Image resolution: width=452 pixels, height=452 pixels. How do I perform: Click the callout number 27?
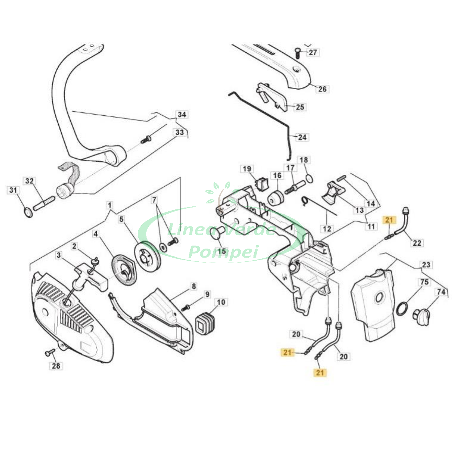313,52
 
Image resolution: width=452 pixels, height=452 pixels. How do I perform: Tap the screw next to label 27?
297,52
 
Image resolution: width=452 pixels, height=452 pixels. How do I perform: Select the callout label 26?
322,89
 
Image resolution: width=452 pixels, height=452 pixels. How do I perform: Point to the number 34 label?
182,115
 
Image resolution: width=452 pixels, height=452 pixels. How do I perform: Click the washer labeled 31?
27,212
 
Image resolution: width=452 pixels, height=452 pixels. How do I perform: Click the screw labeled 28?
49,353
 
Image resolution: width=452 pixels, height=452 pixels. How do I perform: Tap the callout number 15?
221,251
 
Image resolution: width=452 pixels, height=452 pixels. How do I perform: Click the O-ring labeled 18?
309,178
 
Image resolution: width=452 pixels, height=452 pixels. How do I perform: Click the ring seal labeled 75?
402,308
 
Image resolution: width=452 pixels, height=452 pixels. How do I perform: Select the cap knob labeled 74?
422,315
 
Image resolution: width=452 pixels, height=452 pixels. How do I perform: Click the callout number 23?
426,265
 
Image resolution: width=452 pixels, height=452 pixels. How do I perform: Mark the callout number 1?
109,206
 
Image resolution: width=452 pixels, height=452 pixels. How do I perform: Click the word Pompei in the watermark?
223,251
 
